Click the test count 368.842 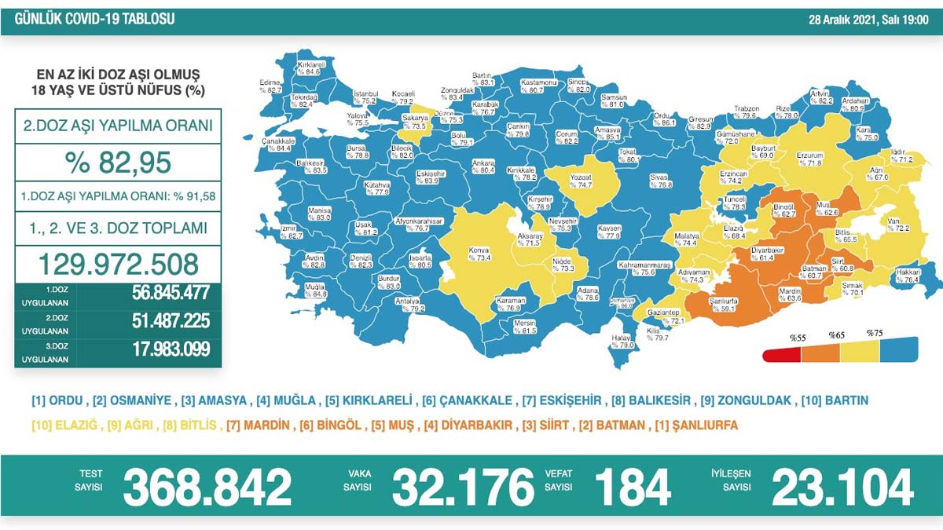pyautogui.click(x=207, y=487)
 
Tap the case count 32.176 pyautogui.click(x=463, y=487)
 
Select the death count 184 pyautogui.click(x=633, y=487)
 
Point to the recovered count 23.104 pyautogui.click(x=842, y=487)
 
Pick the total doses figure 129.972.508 pyautogui.click(x=118, y=263)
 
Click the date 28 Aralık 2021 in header pyautogui.click(x=845, y=19)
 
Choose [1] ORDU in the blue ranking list pyautogui.click(x=58, y=400)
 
